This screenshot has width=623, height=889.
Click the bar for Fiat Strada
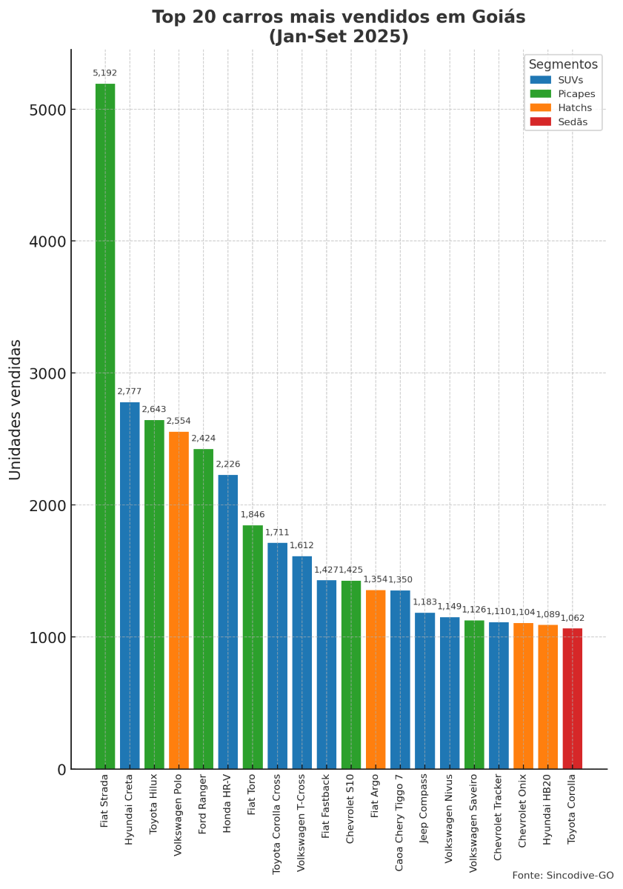tap(104, 426)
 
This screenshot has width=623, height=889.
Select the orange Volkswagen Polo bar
tap(179, 600)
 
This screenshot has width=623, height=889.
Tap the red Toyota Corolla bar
tap(573, 699)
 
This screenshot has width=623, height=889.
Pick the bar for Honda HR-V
tap(227, 622)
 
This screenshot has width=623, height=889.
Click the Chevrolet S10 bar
tap(351, 674)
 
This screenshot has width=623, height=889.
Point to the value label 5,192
tap(104, 73)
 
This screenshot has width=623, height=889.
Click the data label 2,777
tap(129, 391)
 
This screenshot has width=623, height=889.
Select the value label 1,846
tap(253, 514)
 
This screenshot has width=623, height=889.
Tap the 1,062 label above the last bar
tap(573, 618)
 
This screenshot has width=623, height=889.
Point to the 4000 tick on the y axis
tap(48, 242)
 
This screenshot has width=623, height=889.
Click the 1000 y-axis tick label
tap(48, 637)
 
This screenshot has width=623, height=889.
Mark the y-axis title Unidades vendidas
tap(16, 409)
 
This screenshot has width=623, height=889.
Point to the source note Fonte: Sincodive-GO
tap(562, 875)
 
